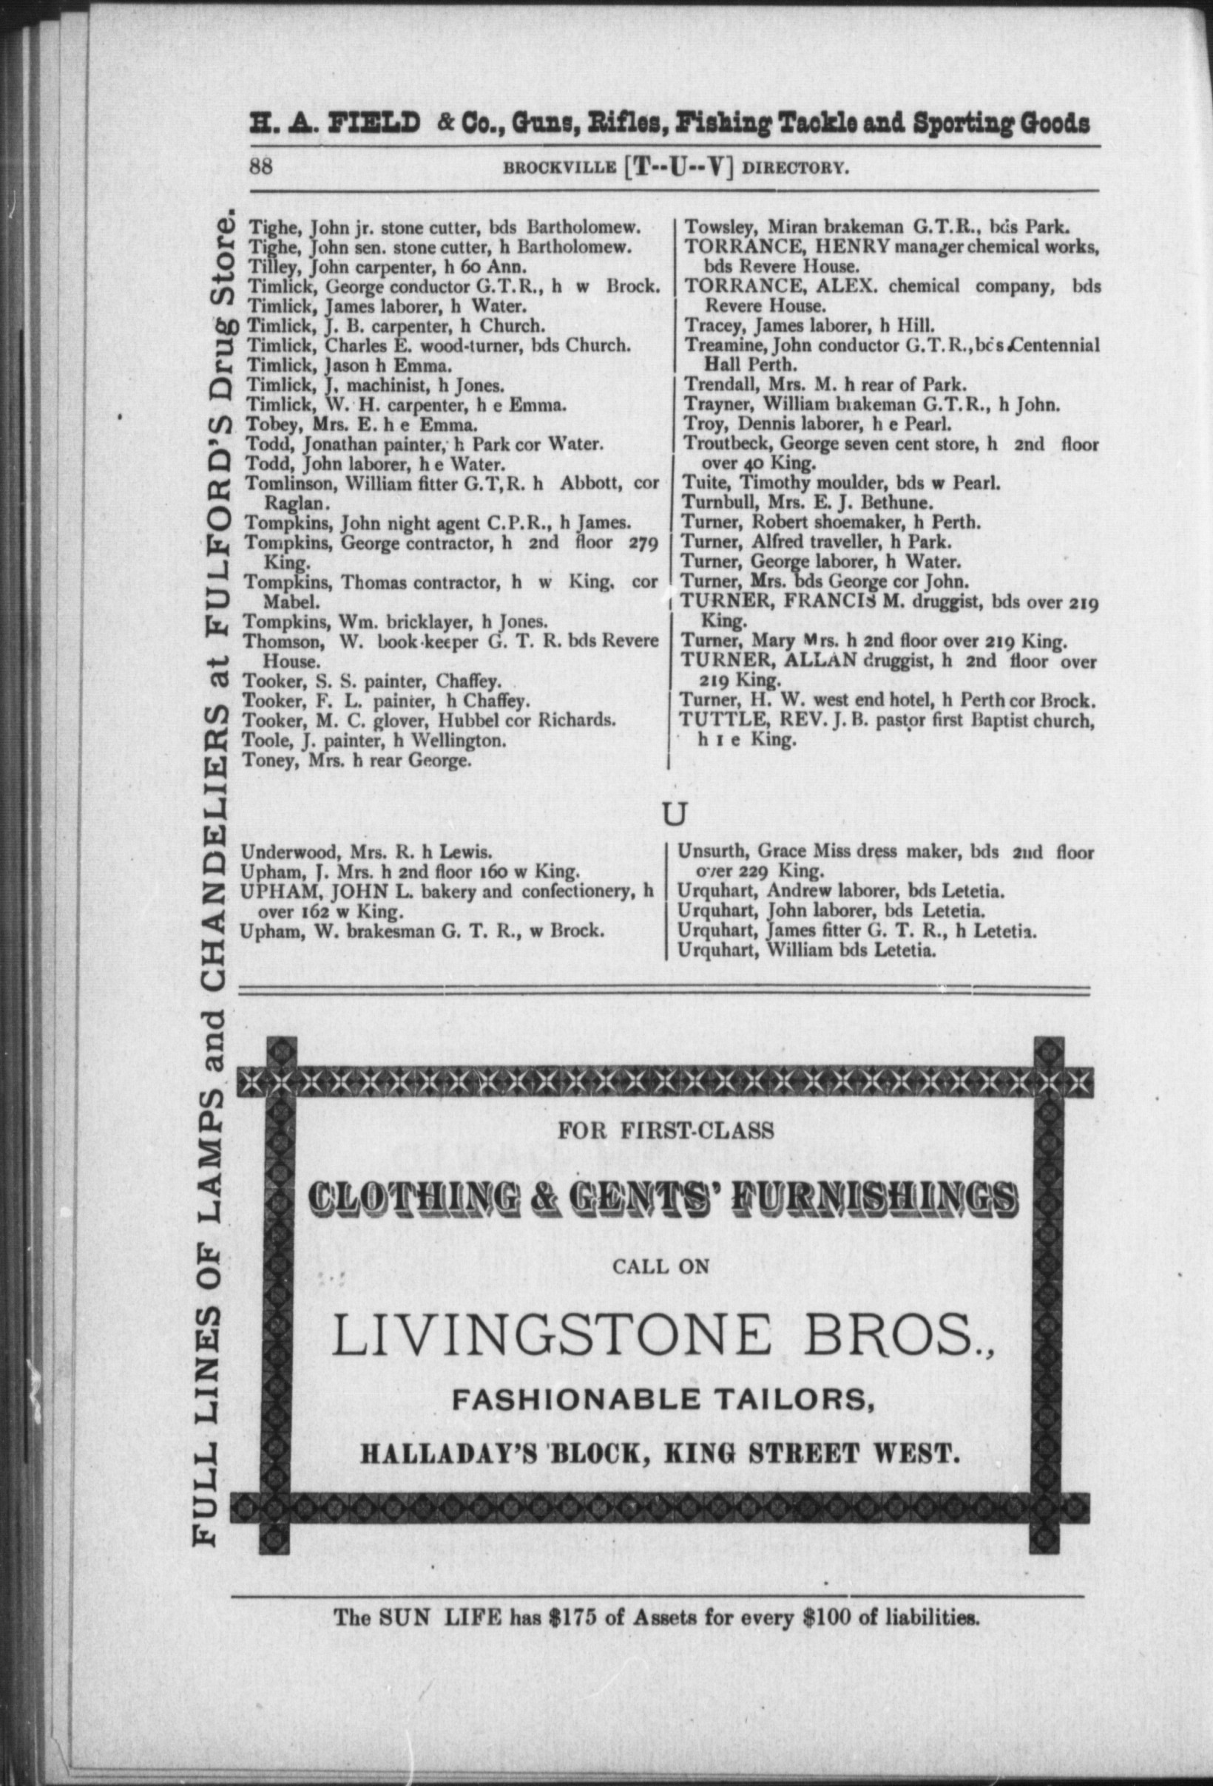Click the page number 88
[x=261, y=167]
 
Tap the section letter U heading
[x=673, y=815]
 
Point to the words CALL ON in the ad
[x=661, y=1266]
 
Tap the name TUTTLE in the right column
[x=711, y=721]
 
